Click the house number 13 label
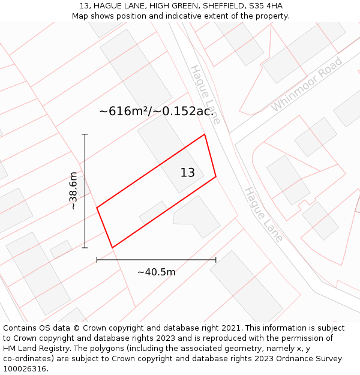[188, 173]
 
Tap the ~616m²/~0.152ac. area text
[156, 111]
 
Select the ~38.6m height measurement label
[73, 191]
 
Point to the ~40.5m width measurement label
[156, 272]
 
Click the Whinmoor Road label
[306, 84]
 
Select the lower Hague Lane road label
[263, 214]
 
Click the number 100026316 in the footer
[25, 369]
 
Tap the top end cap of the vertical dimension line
[85, 134]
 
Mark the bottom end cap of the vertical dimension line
[85, 247]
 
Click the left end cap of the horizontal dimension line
[97, 260]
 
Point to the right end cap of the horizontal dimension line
[215, 260]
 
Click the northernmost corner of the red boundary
[205, 134]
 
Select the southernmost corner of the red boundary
[112, 247]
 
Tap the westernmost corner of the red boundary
[97, 208]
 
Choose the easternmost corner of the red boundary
[215, 176]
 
